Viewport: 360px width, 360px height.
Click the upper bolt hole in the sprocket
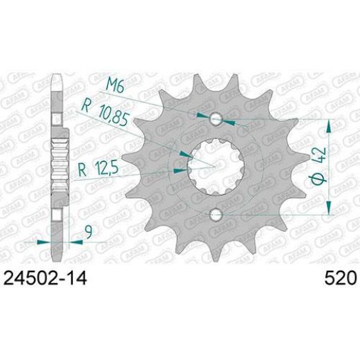pos(217,119)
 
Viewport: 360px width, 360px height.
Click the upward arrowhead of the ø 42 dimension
pos(329,125)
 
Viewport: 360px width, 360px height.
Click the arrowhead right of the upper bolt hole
pos(230,122)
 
